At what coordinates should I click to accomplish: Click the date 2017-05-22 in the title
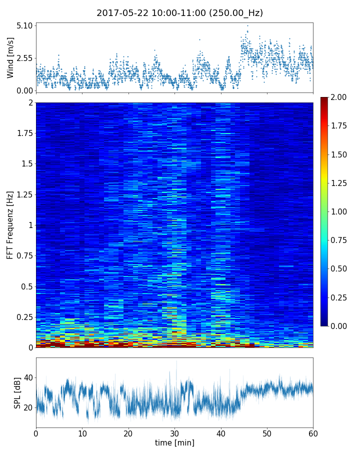[121, 13]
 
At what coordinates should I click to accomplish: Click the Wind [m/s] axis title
[10, 58]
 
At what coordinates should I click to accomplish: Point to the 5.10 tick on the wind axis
[24, 25]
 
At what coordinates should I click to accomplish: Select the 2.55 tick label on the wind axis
[24, 58]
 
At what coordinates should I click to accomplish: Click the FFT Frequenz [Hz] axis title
[10, 224]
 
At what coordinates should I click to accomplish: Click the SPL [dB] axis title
[17, 392]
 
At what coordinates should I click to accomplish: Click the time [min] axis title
[174, 443]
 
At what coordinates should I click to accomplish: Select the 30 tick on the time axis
[174, 432]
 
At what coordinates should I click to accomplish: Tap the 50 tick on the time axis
[267, 432]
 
